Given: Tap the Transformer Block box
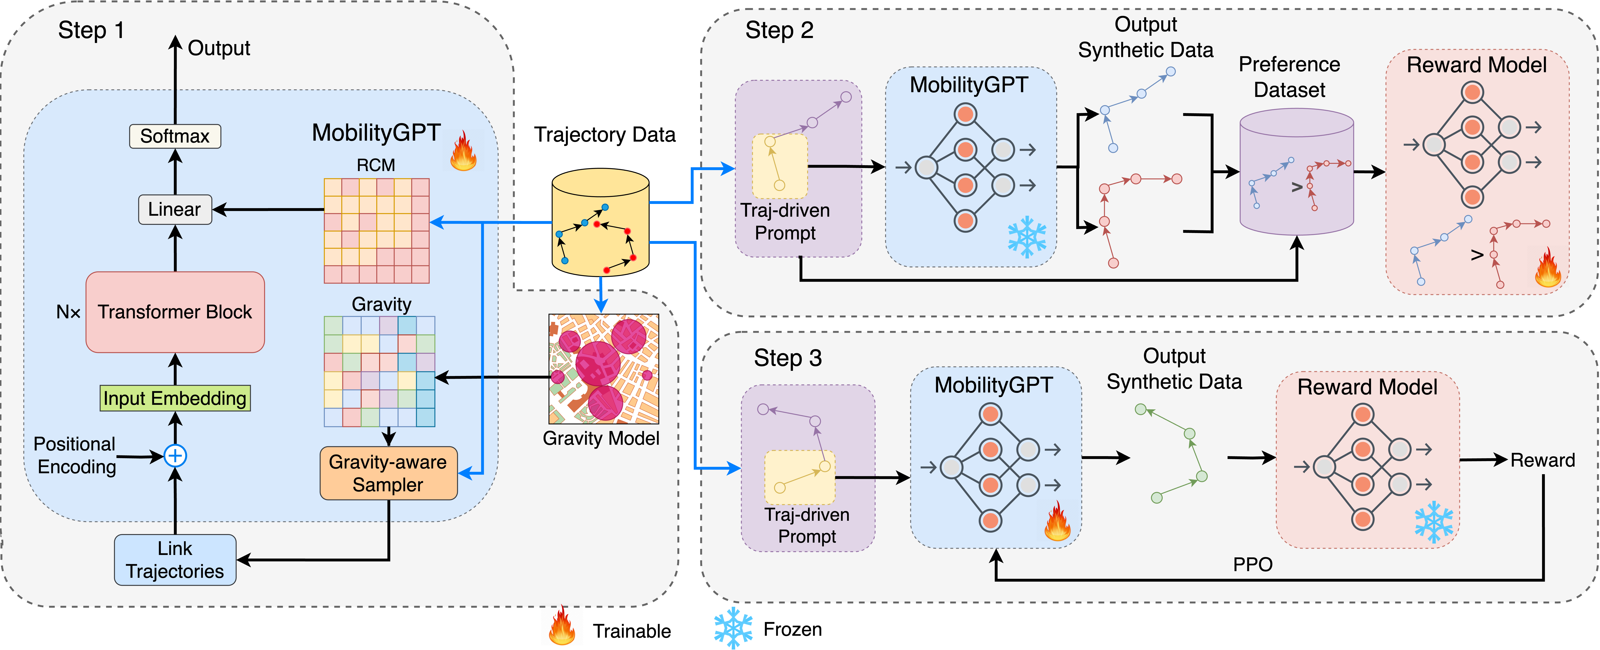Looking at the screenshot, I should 175,312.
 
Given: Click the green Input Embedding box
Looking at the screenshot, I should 175,398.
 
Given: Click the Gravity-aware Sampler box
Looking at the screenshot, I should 388,473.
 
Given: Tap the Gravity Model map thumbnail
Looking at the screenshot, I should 603,369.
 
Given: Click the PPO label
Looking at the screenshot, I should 1252,564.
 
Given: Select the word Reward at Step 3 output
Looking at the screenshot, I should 1543,460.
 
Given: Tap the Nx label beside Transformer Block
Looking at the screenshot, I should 68,312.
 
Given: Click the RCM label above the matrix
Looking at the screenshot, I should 376,165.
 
